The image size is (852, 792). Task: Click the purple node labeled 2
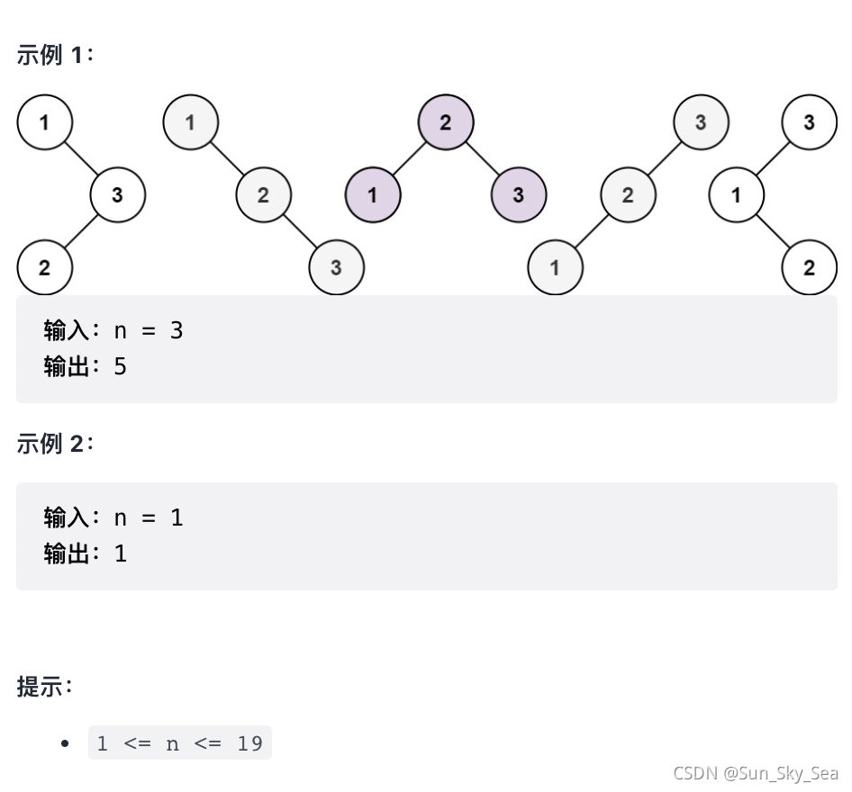(x=445, y=122)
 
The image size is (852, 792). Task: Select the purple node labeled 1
(x=372, y=194)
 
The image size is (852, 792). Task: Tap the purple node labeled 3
(x=518, y=194)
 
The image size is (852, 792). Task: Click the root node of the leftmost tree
(x=44, y=122)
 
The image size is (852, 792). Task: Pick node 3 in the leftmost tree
(x=118, y=194)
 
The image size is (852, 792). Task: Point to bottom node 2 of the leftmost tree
(x=44, y=267)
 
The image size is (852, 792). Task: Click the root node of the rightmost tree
(x=809, y=122)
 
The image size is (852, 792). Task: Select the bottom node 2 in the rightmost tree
(x=809, y=267)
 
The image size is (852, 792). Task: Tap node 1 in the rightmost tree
(x=736, y=194)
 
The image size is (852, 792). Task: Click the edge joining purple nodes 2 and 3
(x=482, y=158)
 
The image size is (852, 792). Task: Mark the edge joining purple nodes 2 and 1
(x=409, y=158)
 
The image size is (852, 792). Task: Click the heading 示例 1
(x=55, y=55)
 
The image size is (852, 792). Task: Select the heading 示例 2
(x=55, y=444)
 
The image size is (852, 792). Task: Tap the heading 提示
(x=44, y=688)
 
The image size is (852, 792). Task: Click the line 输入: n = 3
(x=113, y=330)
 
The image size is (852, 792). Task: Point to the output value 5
(x=121, y=366)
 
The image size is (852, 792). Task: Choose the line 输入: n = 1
(x=113, y=517)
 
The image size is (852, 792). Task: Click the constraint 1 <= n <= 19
(x=180, y=743)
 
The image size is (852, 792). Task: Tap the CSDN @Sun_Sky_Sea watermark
(x=755, y=773)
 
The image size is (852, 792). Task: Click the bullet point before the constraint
(x=64, y=743)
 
